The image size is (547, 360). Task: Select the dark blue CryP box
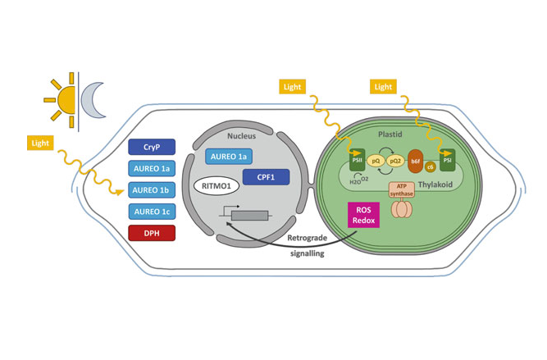coord(152,148)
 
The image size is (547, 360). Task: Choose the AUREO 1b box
coord(152,190)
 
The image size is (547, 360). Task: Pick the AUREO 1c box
coord(152,212)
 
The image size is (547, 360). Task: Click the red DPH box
coord(152,233)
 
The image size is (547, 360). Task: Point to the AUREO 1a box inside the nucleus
coord(229,157)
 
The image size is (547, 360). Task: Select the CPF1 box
coord(266,176)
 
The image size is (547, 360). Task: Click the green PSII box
coord(357,159)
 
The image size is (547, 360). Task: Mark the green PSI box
coord(447,159)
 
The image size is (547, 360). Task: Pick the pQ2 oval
coord(394,161)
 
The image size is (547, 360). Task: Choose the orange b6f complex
coord(415,160)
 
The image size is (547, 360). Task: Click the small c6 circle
coord(431,167)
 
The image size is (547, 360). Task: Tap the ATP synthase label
coord(401,189)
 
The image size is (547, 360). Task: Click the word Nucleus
coord(242,135)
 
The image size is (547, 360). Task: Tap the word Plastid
coord(390,133)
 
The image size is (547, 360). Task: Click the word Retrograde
coord(308,239)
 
